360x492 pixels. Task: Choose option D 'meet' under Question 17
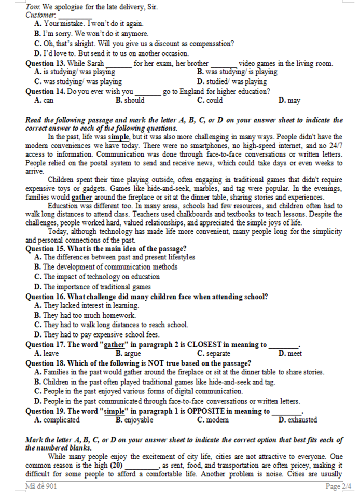point(290,353)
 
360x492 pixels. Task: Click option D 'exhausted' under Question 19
point(297,419)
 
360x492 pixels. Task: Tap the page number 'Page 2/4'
point(339,486)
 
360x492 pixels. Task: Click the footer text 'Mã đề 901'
point(42,486)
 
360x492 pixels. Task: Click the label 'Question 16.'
point(46,297)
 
